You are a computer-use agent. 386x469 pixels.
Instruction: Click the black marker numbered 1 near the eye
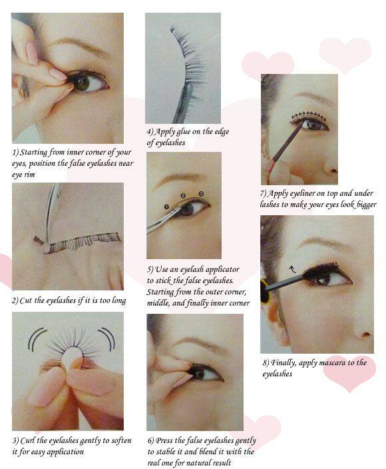(x=166, y=207)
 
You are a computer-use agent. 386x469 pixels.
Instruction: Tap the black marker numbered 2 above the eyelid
(x=183, y=196)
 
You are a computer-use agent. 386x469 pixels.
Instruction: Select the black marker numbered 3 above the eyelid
(x=201, y=193)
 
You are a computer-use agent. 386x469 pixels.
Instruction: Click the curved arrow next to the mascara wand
(x=293, y=269)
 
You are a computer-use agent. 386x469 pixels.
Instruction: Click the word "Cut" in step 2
(x=26, y=300)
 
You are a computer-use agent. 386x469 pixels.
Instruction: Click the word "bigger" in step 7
(x=367, y=205)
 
